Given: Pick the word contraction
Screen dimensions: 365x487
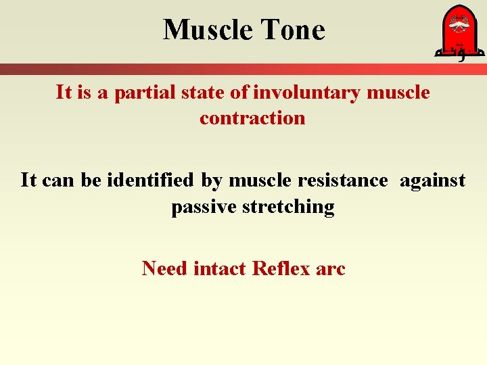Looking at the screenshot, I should coord(252,118).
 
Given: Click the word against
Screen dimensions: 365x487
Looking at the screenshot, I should coord(432,180).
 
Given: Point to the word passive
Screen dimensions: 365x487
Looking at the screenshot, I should coord(200,207).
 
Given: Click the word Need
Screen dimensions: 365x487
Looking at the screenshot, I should coord(165,268).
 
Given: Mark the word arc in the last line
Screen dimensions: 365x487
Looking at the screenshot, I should coord(331,268).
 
